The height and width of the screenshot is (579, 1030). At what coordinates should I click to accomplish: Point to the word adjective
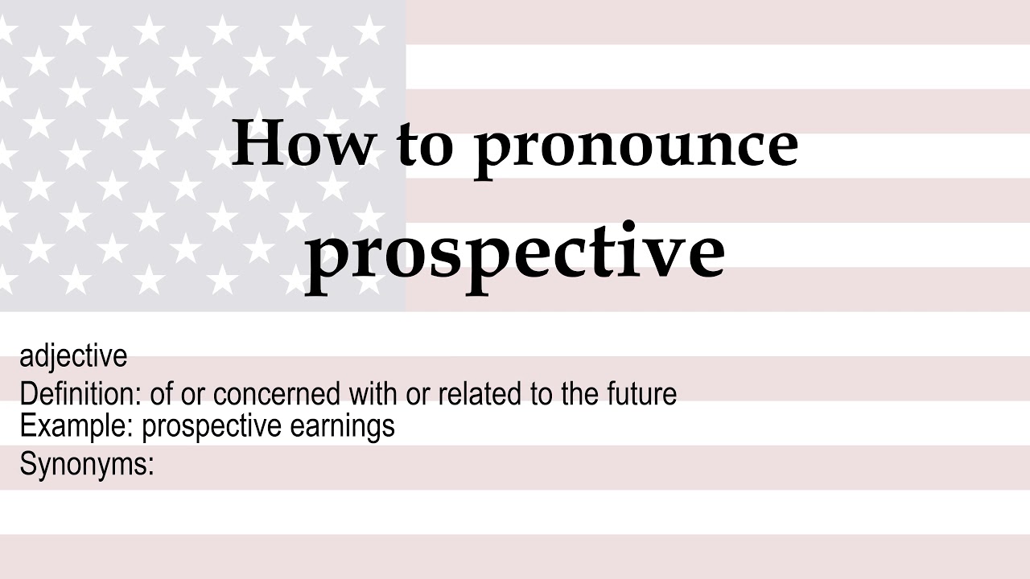pos(73,355)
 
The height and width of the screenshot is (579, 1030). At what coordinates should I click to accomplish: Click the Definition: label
pos(80,394)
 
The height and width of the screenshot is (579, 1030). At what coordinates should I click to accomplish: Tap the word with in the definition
pos(372,394)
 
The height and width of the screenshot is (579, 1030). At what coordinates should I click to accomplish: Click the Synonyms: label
pos(86,465)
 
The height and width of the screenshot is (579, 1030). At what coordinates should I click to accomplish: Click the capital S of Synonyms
pos(27,464)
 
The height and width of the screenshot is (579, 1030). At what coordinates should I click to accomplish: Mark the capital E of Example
pos(27,425)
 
